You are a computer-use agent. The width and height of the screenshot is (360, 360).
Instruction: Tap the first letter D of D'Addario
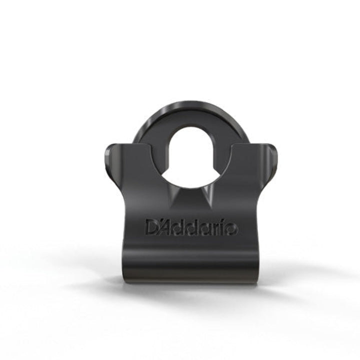tap(152, 227)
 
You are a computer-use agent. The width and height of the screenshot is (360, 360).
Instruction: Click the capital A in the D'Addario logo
tap(168, 227)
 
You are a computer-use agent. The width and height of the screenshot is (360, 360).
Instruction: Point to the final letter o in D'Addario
tap(231, 229)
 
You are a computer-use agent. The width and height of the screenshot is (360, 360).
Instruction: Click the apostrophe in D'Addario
tap(160, 222)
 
